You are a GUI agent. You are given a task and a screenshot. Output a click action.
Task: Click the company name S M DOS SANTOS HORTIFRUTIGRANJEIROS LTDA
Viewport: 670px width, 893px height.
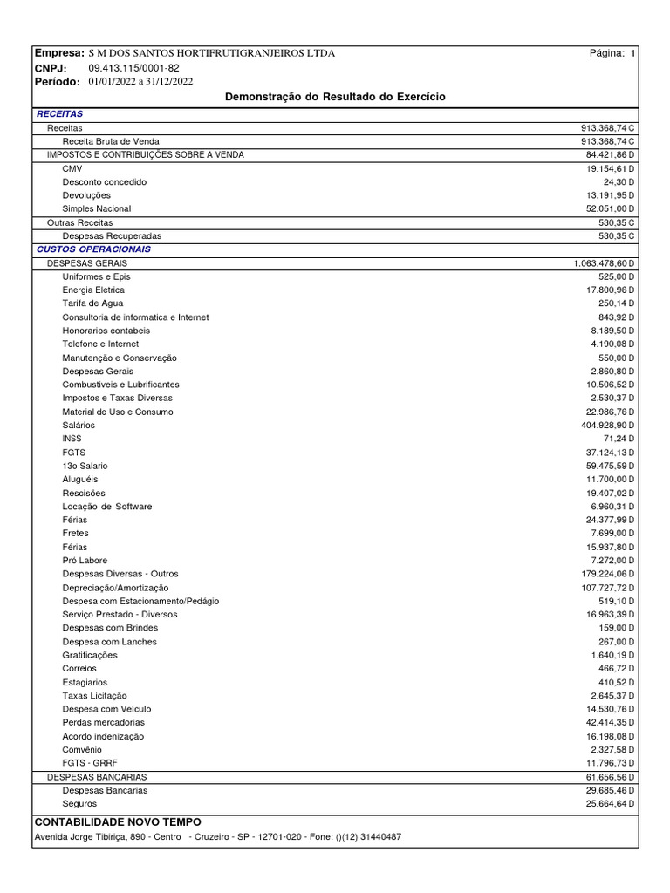click(x=211, y=53)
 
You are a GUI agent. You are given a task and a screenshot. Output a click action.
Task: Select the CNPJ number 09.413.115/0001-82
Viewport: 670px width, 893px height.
click(x=133, y=67)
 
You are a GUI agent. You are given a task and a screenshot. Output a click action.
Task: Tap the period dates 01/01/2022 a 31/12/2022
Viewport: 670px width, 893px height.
click(x=140, y=81)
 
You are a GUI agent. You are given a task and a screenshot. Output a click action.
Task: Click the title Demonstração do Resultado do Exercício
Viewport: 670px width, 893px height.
click(x=335, y=97)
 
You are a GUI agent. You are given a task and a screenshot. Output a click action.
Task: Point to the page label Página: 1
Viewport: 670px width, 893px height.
click(x=613, y=53)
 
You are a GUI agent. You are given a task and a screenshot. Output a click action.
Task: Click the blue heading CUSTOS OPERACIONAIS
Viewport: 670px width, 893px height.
click(x=94, y=249)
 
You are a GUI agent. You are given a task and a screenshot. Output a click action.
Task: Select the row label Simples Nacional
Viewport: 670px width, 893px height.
click(x=96, y=209)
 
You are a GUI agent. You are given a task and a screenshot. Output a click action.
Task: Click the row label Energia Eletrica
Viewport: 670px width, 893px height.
click(x=93, y=290)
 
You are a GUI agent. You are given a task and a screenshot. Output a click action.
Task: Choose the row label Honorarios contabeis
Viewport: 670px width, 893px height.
click(x=106, y=331)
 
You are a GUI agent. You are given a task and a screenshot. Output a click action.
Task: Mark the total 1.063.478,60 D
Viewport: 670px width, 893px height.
click(x=604, y=263)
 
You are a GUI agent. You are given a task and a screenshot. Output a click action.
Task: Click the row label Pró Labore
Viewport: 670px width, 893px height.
click(x=85, y=560)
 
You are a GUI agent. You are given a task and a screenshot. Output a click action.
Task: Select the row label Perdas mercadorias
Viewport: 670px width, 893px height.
click(x=103, y=722)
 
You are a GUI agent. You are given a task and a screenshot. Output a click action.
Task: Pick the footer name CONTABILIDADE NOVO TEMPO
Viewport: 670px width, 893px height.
click(x=117, y=822)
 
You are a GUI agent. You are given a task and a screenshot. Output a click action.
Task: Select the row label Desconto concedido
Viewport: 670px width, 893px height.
click(x=104, y=182)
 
